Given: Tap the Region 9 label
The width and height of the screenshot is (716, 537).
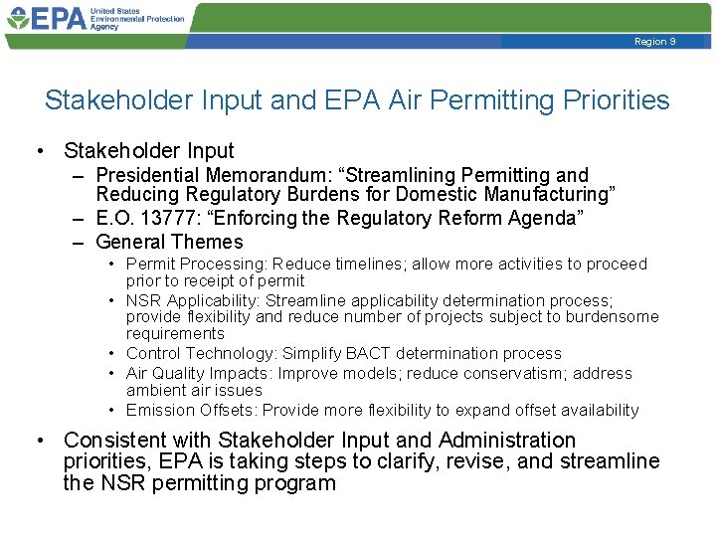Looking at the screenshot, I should (x=655, y=41).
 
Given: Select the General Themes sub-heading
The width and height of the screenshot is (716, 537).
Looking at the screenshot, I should (x=169, y=242).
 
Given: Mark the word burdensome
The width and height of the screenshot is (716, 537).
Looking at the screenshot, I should (x=612, y=317).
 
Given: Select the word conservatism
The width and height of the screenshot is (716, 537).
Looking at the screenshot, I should (x=478, y=374).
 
